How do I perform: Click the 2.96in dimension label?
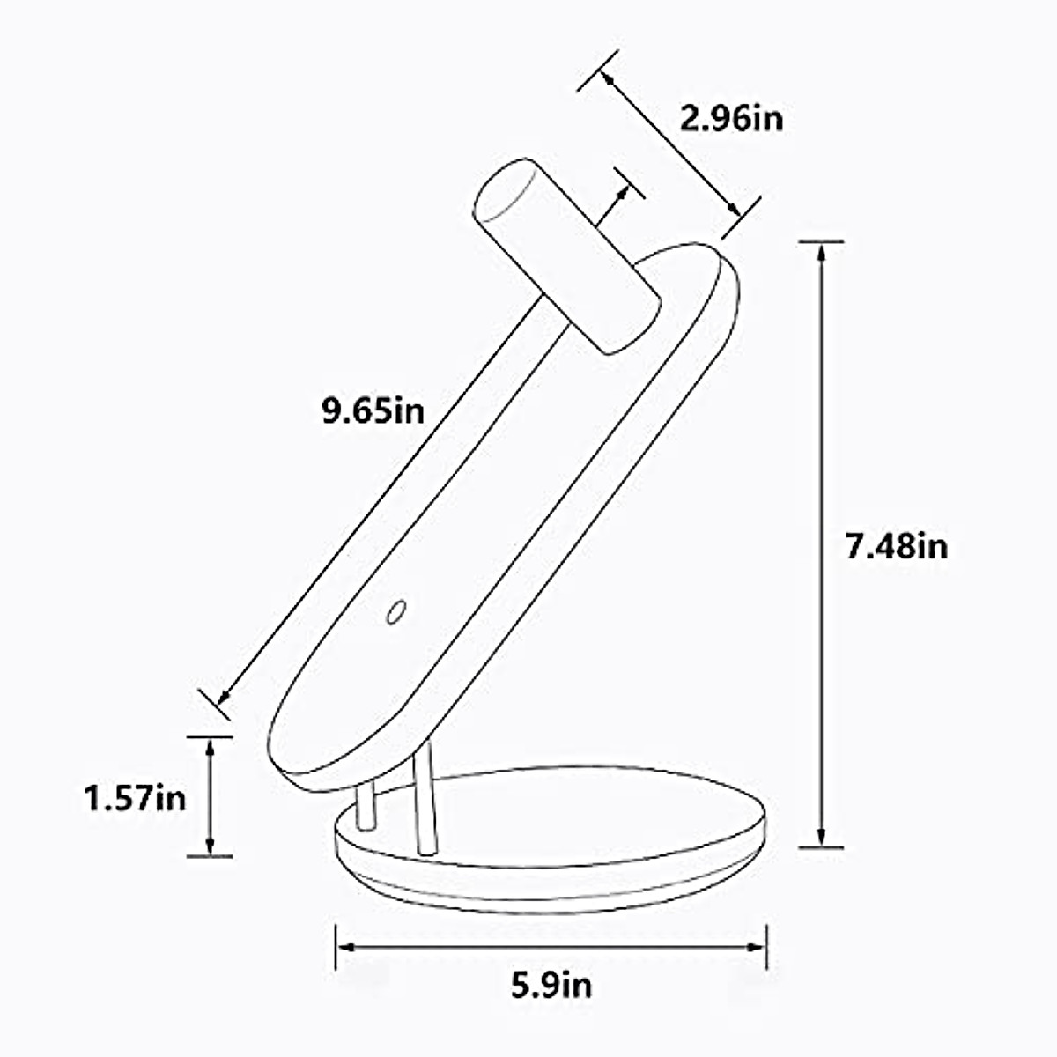(731, 117)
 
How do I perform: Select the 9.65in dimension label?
(373, 410)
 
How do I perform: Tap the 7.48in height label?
(897, 547)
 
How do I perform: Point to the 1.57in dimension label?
(135, 798)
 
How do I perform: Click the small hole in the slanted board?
(395, 611)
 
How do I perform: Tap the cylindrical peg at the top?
(568, 255)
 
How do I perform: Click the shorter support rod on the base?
(366, 805)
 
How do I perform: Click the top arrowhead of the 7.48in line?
(821, 250)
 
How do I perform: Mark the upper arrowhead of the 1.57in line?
(210, 745)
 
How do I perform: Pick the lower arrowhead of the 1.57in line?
(210, 848)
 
